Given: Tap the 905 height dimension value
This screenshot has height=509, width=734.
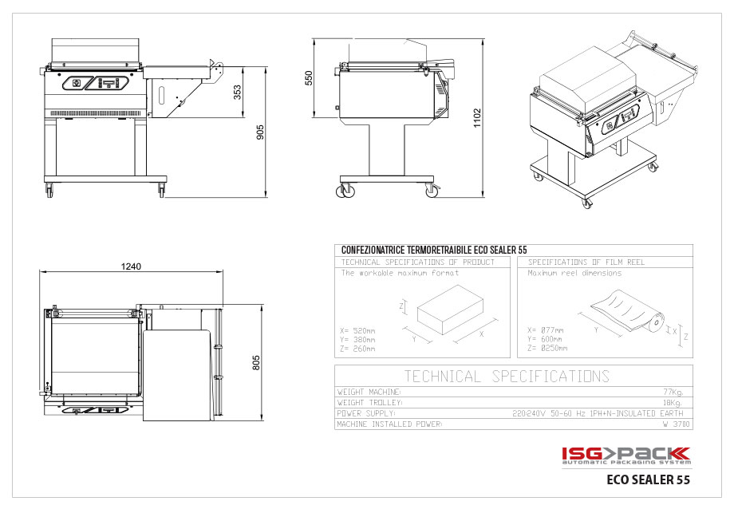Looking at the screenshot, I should [x=260, y=132].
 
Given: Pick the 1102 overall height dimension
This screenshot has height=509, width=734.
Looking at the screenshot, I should [x=477, y=117].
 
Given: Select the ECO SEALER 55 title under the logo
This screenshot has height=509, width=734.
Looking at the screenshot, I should [x=648, y=480].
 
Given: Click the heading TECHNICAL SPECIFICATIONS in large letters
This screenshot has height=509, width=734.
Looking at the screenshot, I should [x=507, y=377].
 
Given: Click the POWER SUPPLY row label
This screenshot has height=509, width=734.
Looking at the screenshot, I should [x=366, y=414].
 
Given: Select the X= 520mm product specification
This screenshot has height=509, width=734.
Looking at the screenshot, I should [x=358, y=329].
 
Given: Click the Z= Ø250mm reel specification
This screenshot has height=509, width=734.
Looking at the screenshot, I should [x=547, y=349].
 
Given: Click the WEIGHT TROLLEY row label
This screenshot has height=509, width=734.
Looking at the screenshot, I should [x=369, y=403].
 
